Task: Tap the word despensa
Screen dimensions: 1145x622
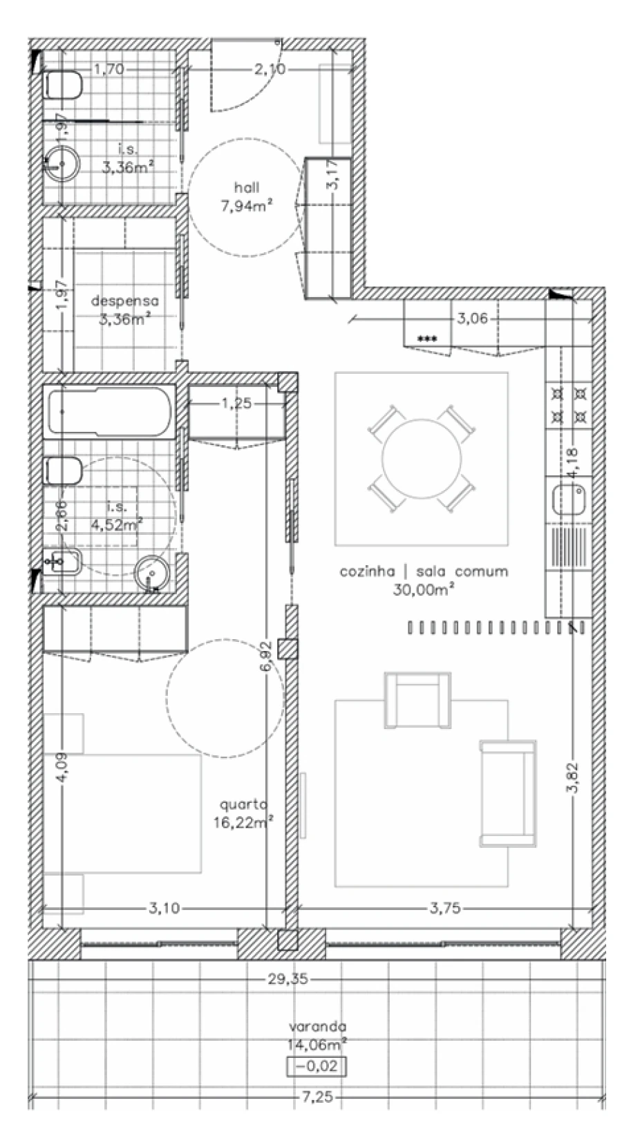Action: coord(124,301)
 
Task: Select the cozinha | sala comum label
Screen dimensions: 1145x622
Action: coord(423,571)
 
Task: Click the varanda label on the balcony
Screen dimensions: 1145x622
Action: coord(318,1026)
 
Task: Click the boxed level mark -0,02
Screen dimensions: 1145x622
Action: coord(317,1066)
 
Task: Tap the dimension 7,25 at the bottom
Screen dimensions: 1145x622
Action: coord(319,1097)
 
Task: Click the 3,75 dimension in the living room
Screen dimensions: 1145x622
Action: coord(444,908)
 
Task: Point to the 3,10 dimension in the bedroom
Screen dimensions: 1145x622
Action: coord(164,908)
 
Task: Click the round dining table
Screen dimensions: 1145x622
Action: coord(421,458)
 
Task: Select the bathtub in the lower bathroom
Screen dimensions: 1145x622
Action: coord(109,412)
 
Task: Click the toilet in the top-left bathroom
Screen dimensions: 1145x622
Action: coord(63,86)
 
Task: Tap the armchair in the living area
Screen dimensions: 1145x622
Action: coord(417,700)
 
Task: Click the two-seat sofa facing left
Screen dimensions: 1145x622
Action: coord(508,793)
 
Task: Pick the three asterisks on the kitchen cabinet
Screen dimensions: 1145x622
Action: coord(427,339)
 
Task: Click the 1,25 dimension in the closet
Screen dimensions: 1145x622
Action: coord(236,404)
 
